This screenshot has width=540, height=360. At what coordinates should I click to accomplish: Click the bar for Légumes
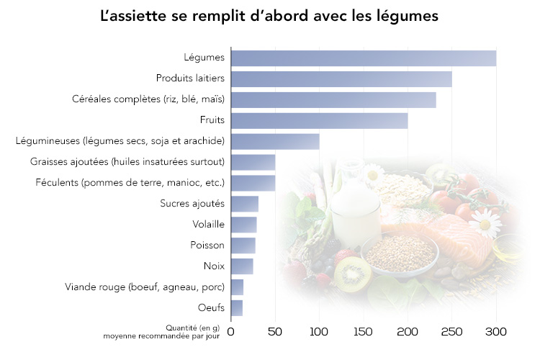click(x=364, y=58)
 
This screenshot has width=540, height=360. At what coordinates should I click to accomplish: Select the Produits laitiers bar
click(x=341, y=79)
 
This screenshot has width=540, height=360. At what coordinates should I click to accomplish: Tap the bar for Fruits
click(x=319, y=121)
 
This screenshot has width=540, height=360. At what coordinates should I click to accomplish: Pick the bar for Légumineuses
click(x=275, y=142)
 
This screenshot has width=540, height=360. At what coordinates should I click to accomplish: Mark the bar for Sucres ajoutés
click(x=245, y=204)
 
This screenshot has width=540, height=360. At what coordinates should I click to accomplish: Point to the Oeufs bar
click(x=237, y=308)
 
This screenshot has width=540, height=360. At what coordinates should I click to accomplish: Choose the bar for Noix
click(x=242, y=266)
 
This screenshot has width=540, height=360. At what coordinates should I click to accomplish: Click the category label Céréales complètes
click(x=148, y=99)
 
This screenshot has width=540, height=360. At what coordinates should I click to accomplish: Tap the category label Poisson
click(x=207, y=246)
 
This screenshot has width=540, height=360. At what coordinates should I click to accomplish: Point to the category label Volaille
click(x=209, y=225)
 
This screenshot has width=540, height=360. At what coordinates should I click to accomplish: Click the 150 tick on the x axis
click(x=364, y=332)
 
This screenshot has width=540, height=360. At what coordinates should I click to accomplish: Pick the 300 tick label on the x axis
click(x=495, y=332)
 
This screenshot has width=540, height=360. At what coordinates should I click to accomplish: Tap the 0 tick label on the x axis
click(x=231, y=332)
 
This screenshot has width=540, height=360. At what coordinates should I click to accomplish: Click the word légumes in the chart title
click(x=408, y=16)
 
